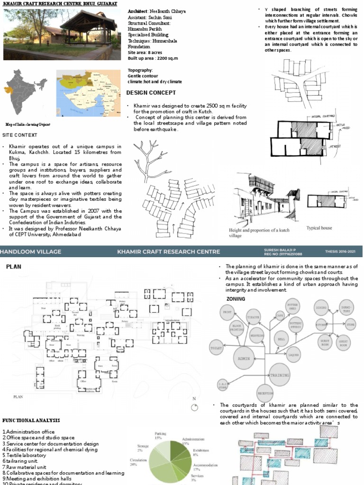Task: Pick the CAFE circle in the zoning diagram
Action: pos(280,314)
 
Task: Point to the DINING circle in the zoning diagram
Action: pos(322,308)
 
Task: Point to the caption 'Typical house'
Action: pos(319,228)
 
